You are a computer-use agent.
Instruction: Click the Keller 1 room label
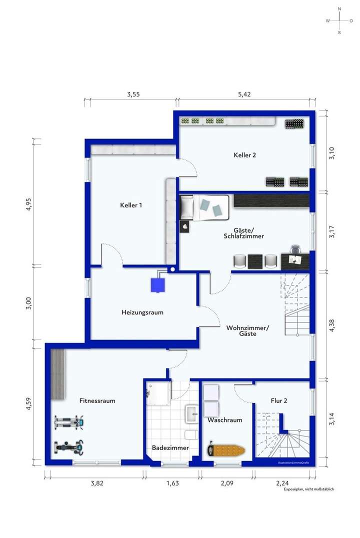click(131, 205)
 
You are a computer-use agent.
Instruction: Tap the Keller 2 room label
click(244, 155)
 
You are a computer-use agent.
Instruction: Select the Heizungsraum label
click(142, 312)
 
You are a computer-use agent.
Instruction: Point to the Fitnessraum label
click(97, 400)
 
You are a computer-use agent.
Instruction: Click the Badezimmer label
click(170, 448)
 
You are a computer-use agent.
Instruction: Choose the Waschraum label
click(225, 420)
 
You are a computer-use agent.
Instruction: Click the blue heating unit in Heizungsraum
click(158, 284)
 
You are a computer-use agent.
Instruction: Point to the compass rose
click(339, 20)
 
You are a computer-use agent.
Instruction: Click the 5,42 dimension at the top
click(244, 94)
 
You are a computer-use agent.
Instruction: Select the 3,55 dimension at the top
click(133, 94)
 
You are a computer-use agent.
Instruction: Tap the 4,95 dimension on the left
click(28, 205)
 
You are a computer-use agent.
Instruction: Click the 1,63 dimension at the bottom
click(172, 483)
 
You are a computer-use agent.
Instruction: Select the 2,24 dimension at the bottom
click(282, 483)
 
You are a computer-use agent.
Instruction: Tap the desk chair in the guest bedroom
click(296, 250)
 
